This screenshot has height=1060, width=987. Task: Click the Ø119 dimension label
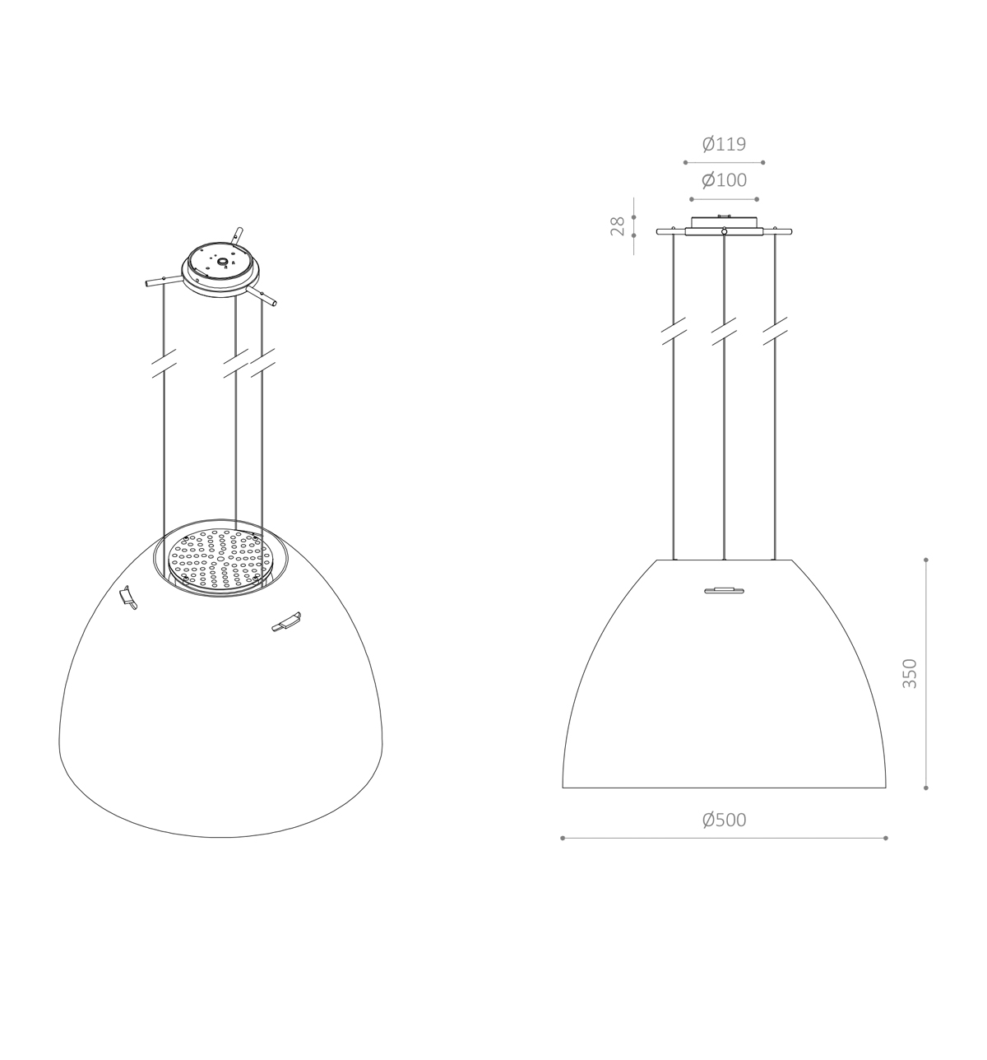point(724,145)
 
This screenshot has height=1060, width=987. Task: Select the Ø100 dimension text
point(724,180)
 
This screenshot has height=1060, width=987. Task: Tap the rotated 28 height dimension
point(618,226)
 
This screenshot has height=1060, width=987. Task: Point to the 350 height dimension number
point(909,673)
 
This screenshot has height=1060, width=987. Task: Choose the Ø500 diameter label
point(724,820)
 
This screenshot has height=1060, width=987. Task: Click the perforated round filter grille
point(220,560)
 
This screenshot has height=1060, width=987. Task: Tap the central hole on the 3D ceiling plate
point(222,265)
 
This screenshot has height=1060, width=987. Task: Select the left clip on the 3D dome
point(127,597)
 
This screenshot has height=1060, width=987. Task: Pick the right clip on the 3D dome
point(286,622)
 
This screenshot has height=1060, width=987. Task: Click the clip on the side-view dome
point(724,589)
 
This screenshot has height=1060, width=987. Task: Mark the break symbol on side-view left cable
point(674,332)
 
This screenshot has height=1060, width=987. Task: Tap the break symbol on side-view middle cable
point(723,332)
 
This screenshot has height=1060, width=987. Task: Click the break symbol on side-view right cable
point(774,332)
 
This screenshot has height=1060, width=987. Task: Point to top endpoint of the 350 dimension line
point(926,560)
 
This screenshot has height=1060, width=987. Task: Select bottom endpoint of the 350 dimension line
point(926,788)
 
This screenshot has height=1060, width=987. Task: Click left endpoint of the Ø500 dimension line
point(563,838)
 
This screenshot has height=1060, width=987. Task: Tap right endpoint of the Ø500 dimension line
point(886,838)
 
